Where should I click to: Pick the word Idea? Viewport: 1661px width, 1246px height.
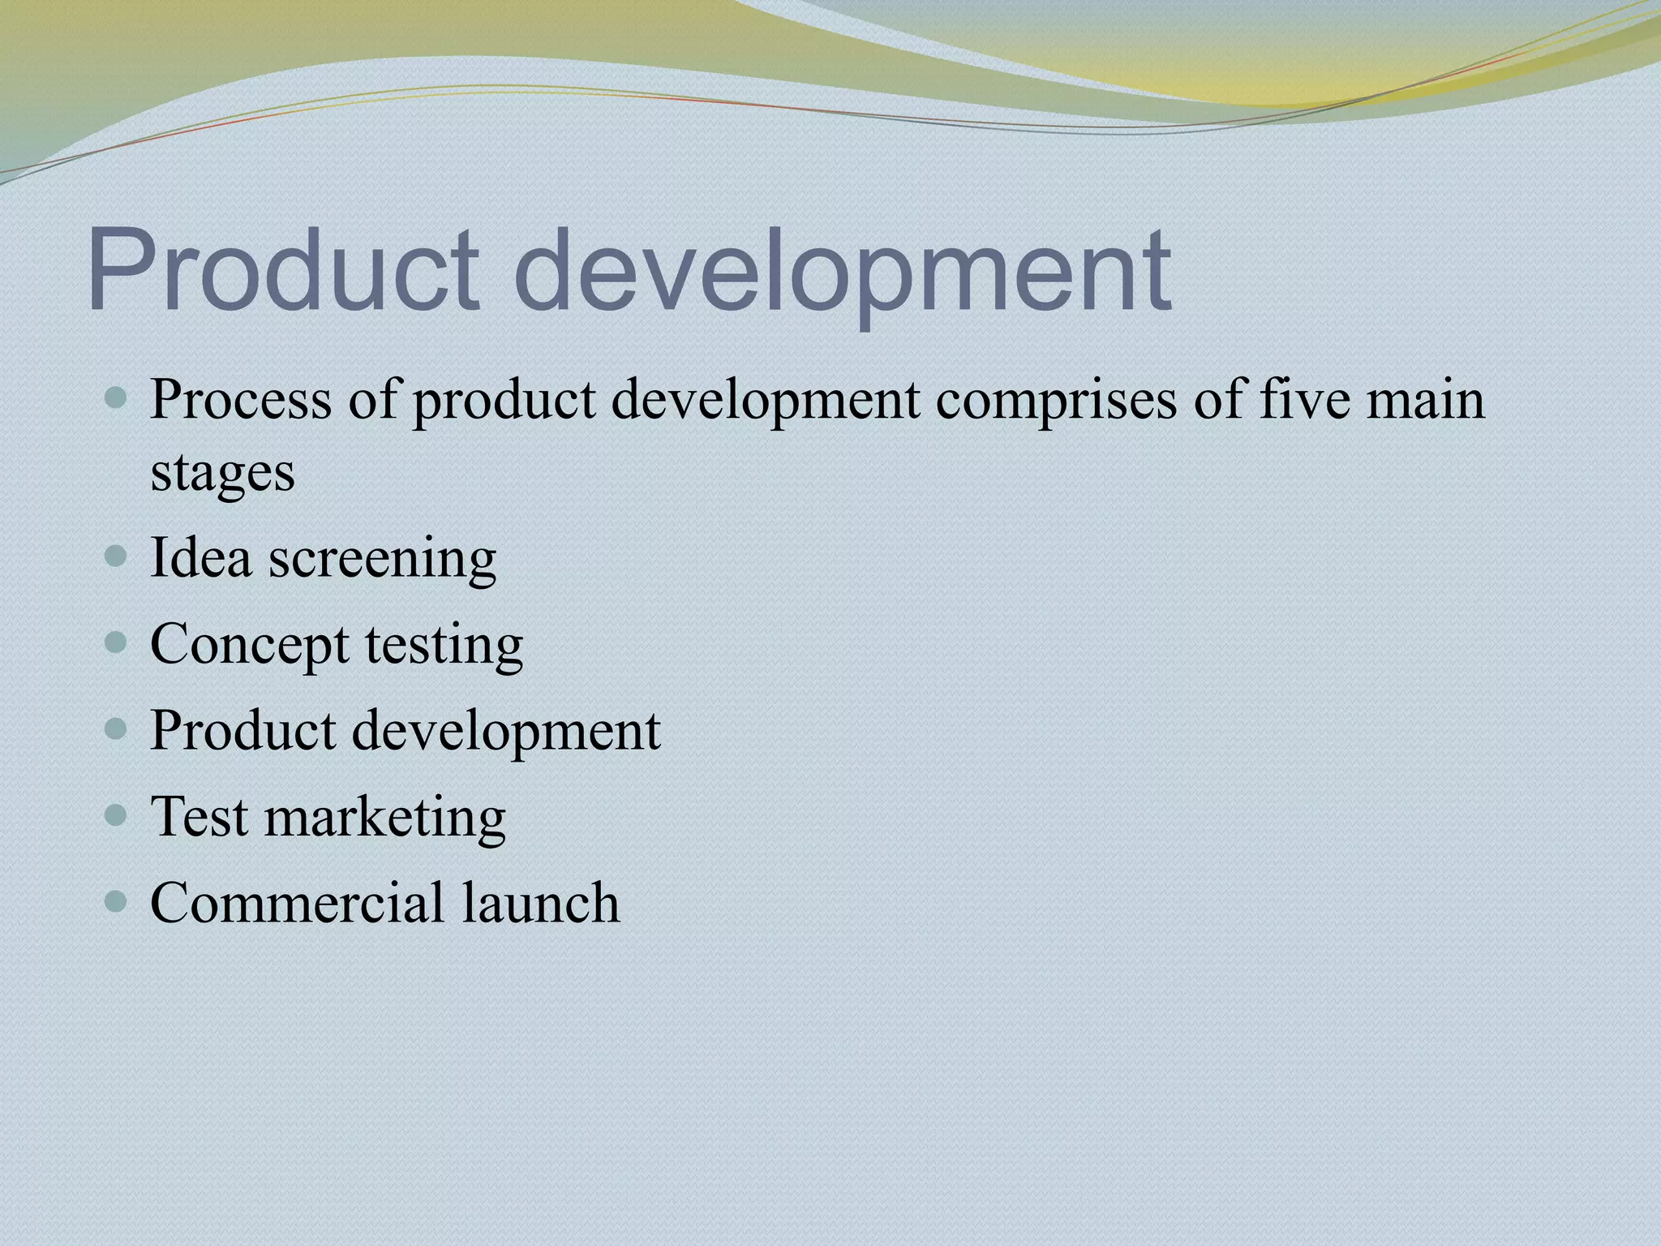click(200, 558)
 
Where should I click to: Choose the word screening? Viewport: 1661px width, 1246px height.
click(382, 560)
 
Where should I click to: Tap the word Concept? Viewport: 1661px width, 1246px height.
click(249, 646)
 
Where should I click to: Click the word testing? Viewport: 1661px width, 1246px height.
click(444, 646)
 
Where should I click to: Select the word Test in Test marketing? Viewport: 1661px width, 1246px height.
click(199, 816)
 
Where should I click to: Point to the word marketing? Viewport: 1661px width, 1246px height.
click(385, 818)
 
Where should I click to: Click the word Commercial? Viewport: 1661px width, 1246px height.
click(297, 902)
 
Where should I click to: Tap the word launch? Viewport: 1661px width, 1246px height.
click(541, 902)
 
